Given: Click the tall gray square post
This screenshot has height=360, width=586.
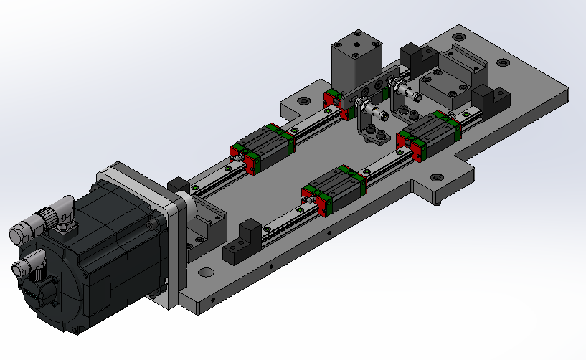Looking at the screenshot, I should [x=356, y=61].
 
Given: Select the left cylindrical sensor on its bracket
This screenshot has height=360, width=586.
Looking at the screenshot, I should [x=367, y=109].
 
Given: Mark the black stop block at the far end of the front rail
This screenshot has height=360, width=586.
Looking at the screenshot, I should [x=491, y=100].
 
